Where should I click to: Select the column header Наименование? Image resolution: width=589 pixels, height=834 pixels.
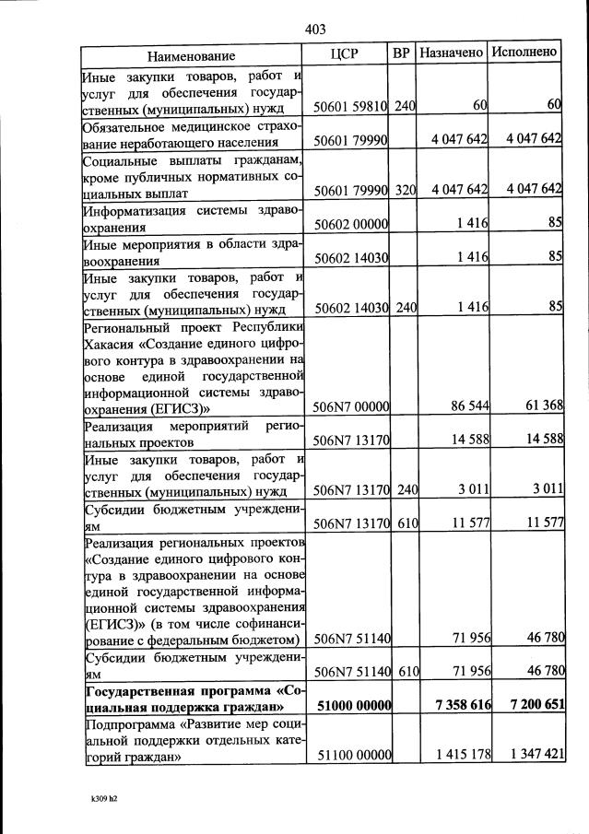point(197,55)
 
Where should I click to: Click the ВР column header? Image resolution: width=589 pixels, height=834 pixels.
point(402,53)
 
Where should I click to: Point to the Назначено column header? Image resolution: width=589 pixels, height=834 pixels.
point(452,52)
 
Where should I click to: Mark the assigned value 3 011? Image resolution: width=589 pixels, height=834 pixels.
point(471,489)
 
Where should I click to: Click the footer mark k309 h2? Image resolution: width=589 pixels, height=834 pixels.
point(98,798)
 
